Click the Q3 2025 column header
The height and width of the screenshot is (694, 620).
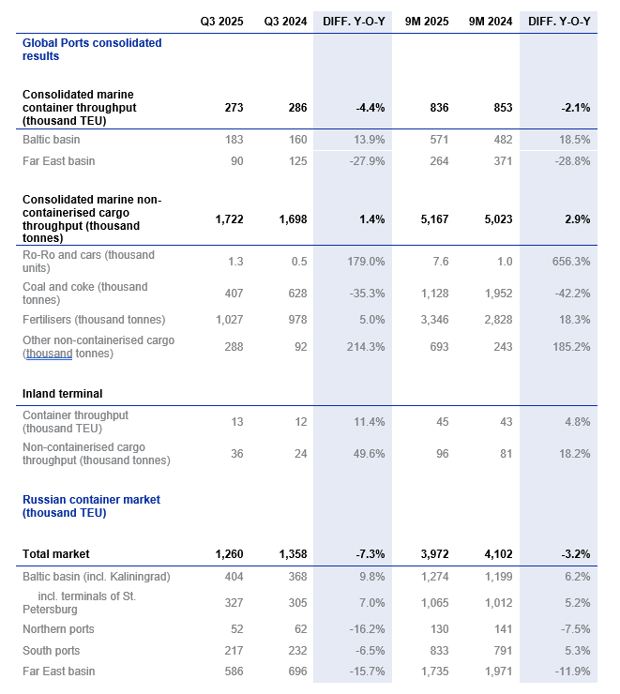(x=221, y=21)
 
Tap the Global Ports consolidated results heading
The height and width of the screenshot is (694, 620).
(x=91, y=50)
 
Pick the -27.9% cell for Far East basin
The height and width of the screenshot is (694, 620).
(x=366, y=161)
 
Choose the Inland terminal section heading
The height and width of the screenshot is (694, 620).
(x=62, y=394)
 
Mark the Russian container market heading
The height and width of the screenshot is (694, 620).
(x=91, y=506)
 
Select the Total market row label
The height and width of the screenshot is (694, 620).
(x=56, y=554)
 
